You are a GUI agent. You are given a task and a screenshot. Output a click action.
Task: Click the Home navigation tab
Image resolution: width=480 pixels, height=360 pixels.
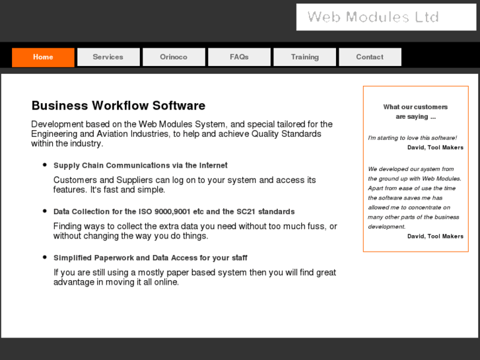click(x=43, y=57)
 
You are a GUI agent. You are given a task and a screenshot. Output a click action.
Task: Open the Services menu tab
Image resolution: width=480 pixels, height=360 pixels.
click(x=108, y=57)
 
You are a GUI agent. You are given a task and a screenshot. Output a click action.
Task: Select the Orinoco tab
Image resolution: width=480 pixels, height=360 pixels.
click(x=174, y=57)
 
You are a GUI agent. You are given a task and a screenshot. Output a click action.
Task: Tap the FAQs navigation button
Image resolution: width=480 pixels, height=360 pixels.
click(x=239, y=57)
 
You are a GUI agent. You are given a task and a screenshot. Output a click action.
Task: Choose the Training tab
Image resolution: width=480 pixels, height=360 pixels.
click(x=304, y=57)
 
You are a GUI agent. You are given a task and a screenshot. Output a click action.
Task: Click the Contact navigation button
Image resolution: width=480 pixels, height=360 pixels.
click(x=370, y=57)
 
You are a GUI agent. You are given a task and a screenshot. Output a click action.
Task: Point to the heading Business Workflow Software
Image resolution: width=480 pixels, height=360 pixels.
click(x=118, y=106)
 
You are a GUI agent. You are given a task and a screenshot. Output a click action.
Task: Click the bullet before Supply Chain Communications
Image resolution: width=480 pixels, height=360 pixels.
click(x=45, y=165)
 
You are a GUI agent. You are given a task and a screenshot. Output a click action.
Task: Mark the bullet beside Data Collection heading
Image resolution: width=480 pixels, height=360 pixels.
click(x=45, y=211)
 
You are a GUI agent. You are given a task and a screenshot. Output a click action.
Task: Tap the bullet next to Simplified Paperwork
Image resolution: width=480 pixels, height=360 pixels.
click(x=45, y=257)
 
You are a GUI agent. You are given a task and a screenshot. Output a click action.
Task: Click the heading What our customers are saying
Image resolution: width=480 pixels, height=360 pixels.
click(x=415, y=112)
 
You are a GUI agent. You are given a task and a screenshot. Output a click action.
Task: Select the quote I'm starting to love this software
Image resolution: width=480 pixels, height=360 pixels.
click(x=412, y=137)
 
